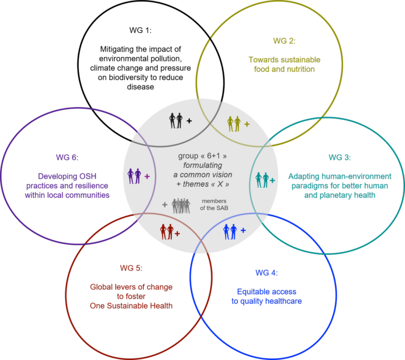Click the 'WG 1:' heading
pyautogui.click(x=140, y=30)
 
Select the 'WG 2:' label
pyautogui.click(x=284, y=41)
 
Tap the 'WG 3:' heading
pyautogui.click(x=340, y=157)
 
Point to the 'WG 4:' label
pyautogui.click(x=266, y=273)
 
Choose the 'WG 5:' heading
pyautogui.click(x=131, y=268)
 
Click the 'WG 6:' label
pyautogui.click(x=67, y=157)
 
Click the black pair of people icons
pyautogui.click(x=176, y=121)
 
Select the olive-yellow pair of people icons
pyautogui.click(x=234, y=124)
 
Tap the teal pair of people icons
pyautogui.click(x=262, y=180)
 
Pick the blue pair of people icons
pyautogui.click(x=230, y=231)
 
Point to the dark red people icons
pyautogui.click(x=167, y=231)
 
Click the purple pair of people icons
pyautogui.click(x=134, y=176)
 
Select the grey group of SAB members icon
pyautogui.click(x=181, y=206)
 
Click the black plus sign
pyautogui.click(x=189, y=121)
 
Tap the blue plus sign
pyautogui.click(x=243, y=230)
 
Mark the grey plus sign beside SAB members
pyautogui.click(x=165, y=205)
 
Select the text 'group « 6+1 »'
pyautogui.click(x=202, y=156)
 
